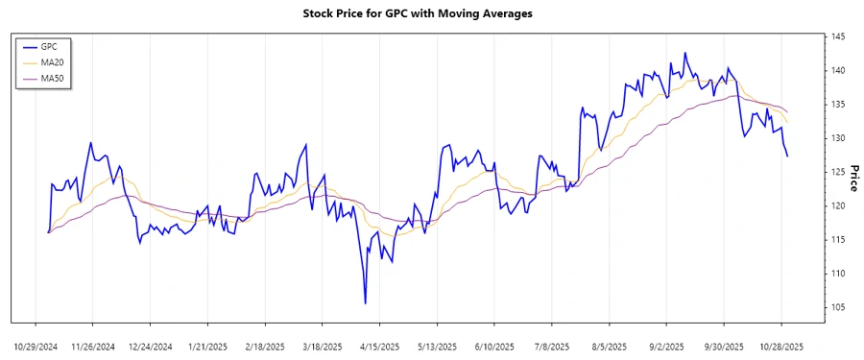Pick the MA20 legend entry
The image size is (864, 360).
(56, 61)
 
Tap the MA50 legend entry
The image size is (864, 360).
(56, 77)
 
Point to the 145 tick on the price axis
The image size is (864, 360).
(838, 36)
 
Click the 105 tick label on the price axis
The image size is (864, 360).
(838, 307)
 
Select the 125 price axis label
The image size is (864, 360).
(838, 172)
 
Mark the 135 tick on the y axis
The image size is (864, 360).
(838, 104)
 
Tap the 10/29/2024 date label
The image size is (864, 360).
(36, 345)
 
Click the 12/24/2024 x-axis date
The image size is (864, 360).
(150, 345)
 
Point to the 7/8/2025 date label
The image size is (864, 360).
(552, 345)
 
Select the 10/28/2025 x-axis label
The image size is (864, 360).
(781, 345)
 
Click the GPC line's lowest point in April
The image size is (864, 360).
(366, 303)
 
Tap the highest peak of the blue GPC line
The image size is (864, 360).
(685, 53)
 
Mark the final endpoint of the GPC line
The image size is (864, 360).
(788, 156)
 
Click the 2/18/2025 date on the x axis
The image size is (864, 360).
(265, 345)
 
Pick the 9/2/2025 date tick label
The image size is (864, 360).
(667, 345)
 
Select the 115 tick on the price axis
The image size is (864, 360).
(838, 239)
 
